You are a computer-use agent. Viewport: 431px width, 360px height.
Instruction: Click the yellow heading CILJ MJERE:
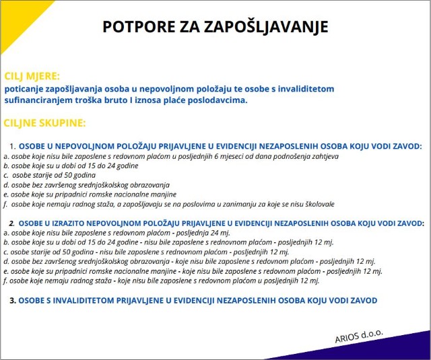pyautogui.click(x=32, y=76)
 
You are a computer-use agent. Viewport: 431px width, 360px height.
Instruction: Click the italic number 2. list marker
pyautogui.click(x=12, y=223)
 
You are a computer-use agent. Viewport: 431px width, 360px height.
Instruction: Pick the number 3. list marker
pyautogui.click(x=12, y=300)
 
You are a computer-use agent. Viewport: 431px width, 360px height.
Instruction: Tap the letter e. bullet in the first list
pyautogui.click(x=5, y=194)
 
